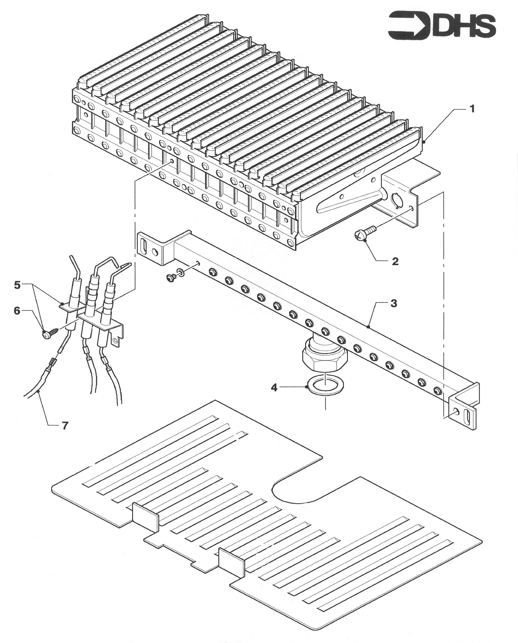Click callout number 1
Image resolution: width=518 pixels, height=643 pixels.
point(472,109)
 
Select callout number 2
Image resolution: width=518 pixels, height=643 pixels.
point(395,261)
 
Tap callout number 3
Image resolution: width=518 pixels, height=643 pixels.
point(394,303)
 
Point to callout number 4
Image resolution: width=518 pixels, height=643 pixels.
point(274,388)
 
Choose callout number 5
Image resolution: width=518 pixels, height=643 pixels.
point(17,285)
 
